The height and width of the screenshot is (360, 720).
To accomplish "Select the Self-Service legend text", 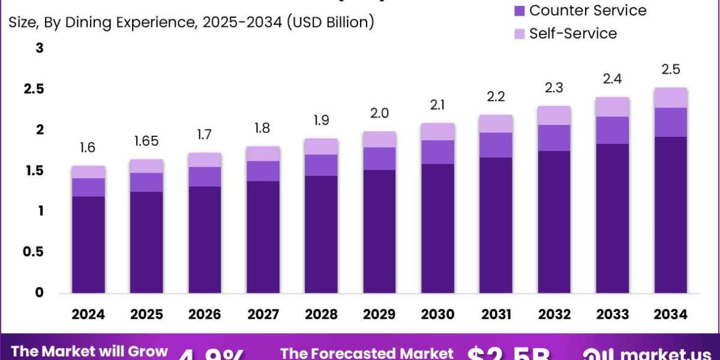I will tap(572, 34).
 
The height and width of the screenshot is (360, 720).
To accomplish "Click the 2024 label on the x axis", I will tap(89, 314).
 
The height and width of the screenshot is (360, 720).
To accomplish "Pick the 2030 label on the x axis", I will tap(438, 314).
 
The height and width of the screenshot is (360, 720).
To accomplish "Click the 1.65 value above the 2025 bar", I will tap(146, 142).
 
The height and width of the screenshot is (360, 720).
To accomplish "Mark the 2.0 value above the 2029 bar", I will tap(379, 113).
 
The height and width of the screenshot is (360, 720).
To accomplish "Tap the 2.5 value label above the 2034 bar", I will tap(671, 70).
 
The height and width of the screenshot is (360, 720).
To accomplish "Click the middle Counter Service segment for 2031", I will tap(496, 145).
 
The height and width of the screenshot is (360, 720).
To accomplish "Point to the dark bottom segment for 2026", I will tap(205, 240).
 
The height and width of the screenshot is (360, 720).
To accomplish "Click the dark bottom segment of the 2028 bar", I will tap(322, 235).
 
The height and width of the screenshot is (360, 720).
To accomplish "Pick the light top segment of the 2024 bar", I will tap(88, 172).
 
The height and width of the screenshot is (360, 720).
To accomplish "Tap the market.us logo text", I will tap(666, 353).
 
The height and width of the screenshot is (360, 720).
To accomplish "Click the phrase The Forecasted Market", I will tap(367, 353).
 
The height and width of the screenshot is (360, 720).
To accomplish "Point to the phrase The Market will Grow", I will tap(90, 352).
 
